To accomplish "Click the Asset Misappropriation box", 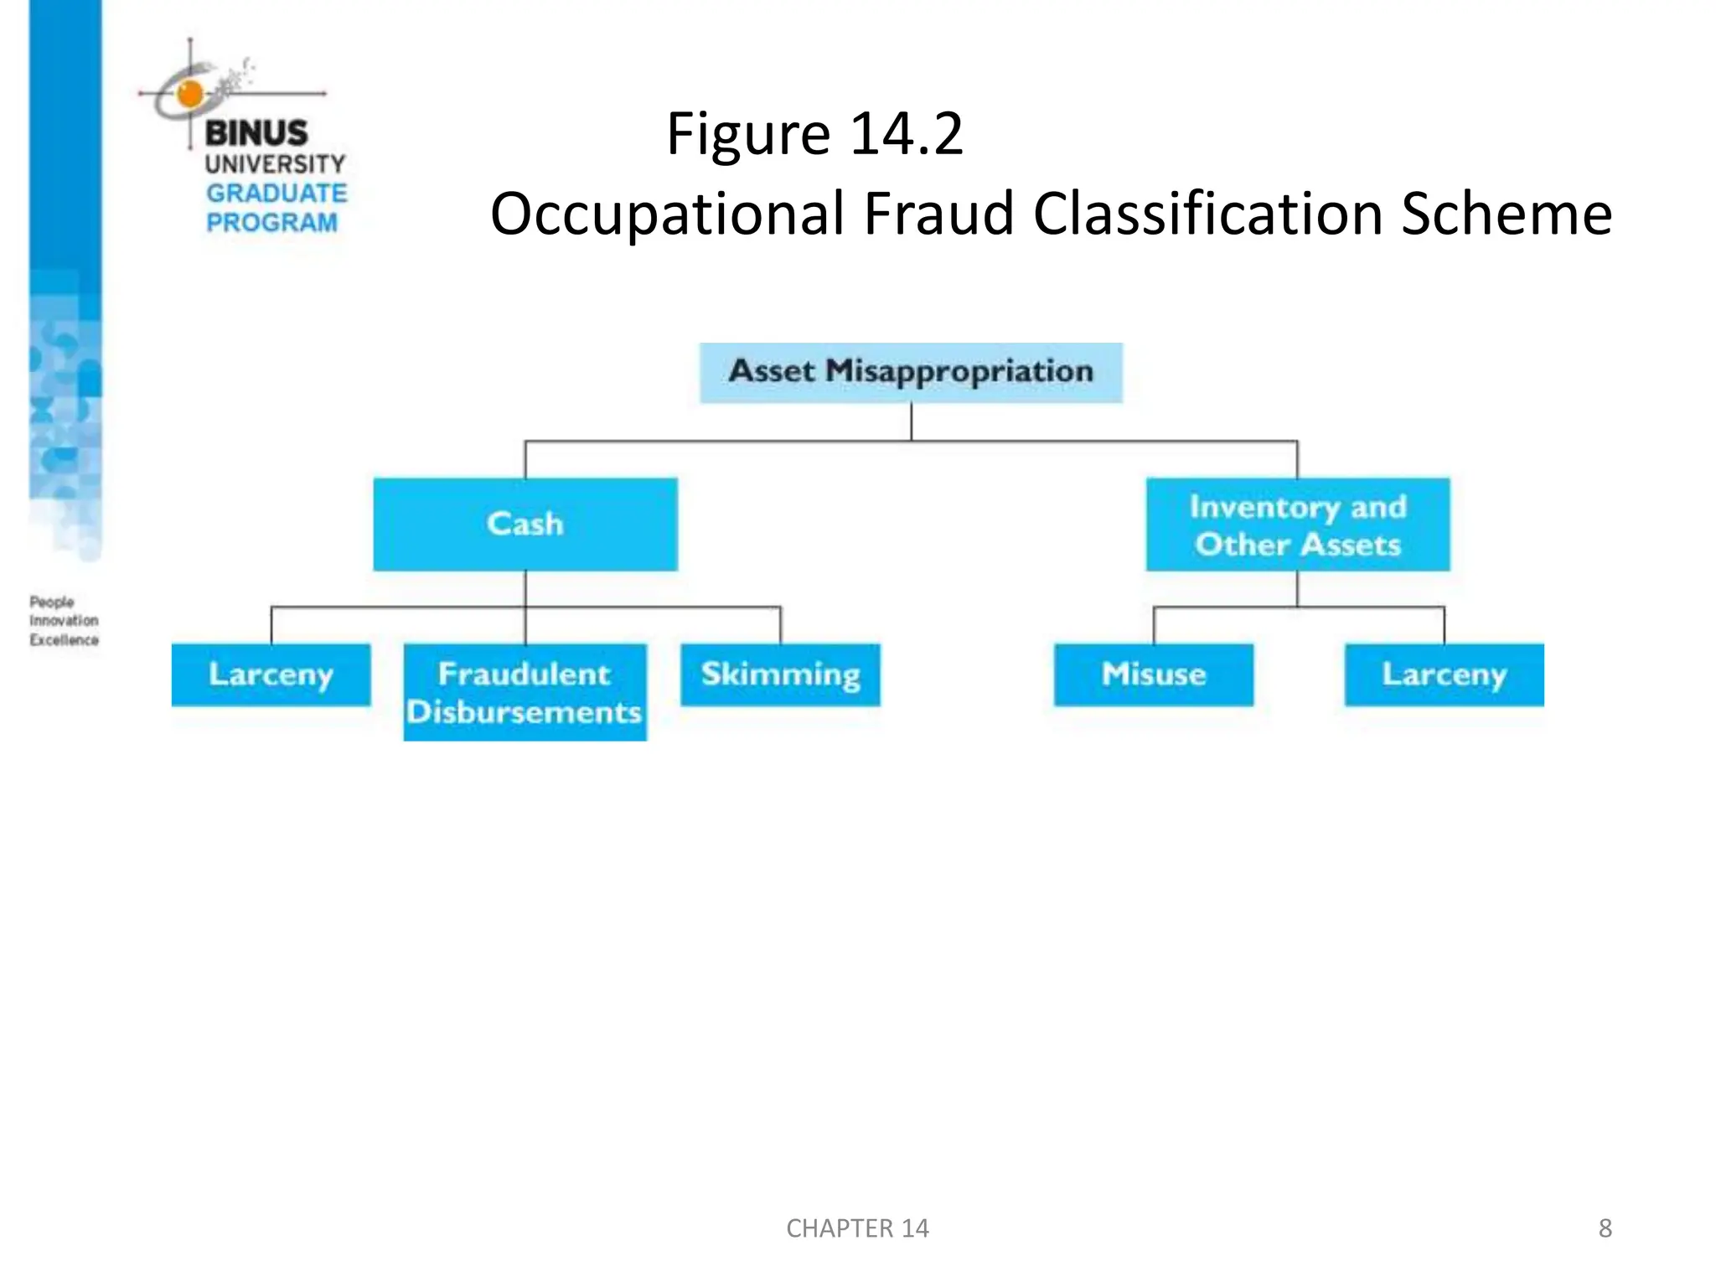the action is click(x=911, y=372).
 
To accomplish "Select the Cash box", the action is click(x=525, y=524).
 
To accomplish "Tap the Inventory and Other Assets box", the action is click(x=1297, y=525).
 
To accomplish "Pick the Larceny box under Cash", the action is click(x=271, y=675).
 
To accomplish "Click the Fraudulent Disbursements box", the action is click(x=525, y=692).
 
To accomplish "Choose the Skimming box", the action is click(x=780, y=675).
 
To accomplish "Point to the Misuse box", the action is click(x=1153, y=675).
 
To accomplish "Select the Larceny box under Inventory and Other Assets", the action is click(x=1444, y=675).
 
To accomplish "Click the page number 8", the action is click(x=1605, y=1228).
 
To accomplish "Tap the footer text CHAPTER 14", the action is click(x=857, y=1228).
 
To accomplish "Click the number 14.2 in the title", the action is click(x=907, y=134).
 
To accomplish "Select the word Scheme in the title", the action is click(x=1506, y=214).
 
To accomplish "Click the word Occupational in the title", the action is click(x=667, y=214).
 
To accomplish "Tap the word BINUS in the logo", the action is click(x=256, y=133).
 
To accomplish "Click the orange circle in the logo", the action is click(x=190, y=94).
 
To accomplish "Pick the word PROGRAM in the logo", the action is click(x=271, y=223).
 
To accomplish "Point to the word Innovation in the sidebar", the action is click(x=64, y=621).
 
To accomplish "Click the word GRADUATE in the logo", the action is click(x=277, y=194).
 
